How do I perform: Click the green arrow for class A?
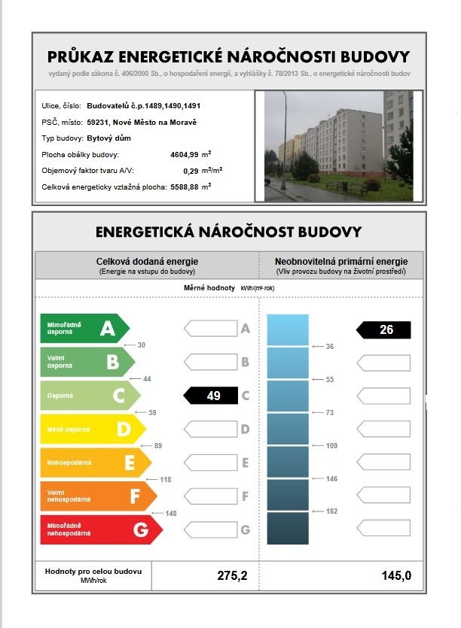83,328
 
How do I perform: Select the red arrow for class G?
99,529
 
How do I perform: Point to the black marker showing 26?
384,329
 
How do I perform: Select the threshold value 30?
140,344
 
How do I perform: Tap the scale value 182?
331,511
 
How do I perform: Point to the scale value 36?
328,347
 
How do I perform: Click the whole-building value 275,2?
232,576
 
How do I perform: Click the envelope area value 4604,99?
185,155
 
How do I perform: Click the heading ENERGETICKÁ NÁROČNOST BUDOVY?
229,232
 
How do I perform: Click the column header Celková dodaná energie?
147,261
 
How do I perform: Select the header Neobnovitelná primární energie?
341,261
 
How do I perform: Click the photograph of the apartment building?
338,146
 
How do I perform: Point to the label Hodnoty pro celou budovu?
93,572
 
